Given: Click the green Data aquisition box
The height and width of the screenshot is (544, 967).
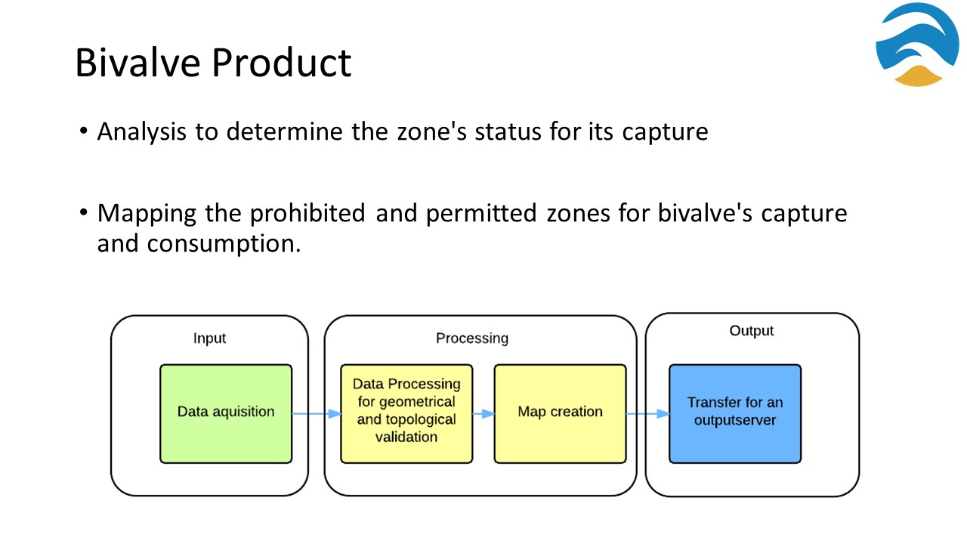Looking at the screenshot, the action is [226, 413].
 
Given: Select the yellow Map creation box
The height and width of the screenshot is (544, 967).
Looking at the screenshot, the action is [560, 413].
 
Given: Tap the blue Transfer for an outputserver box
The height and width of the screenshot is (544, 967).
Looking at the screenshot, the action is [735, 413].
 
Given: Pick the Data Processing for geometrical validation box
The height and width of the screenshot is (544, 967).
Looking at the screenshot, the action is [406, 413].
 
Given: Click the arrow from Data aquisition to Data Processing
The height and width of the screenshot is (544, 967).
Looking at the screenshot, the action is [317, 413].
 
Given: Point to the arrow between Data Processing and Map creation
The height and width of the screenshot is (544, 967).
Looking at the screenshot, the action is [483, 413].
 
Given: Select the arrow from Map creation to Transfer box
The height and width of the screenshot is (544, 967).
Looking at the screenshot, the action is [648, 413].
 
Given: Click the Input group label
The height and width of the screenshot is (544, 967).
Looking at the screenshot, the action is [209, 338].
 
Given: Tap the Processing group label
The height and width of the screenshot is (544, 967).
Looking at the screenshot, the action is [472, 338].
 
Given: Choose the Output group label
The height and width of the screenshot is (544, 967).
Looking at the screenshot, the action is [751, 331].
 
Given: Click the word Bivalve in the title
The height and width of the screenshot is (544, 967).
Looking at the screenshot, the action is [137, 63].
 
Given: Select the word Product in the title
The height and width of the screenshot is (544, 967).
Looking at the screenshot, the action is [282, 63].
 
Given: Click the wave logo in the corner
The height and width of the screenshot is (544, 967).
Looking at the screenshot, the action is [917, 45].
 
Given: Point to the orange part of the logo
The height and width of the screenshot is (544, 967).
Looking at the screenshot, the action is [918, 77].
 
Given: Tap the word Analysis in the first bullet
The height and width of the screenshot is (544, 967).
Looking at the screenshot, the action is [141, 131].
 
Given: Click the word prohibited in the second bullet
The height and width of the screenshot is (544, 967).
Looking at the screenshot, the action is [307, 214].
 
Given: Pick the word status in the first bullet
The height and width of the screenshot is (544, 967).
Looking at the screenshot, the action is [508, 131].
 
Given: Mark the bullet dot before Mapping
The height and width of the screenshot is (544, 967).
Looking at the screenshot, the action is [84, 212].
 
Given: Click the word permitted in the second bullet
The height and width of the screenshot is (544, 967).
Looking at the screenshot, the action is [481, 214].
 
